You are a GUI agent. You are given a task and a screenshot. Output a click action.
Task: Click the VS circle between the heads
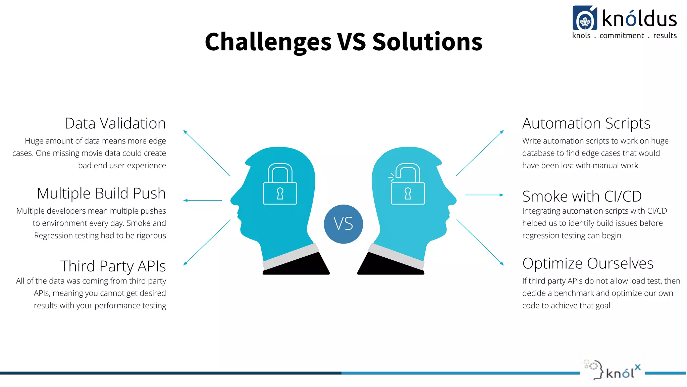tap(343, 224)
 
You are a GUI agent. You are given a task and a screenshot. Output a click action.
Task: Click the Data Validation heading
tap(115, 123)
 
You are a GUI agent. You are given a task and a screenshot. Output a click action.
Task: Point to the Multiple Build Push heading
tap(101, 193)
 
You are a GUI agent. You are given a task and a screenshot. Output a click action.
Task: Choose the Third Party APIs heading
tap(113, 266)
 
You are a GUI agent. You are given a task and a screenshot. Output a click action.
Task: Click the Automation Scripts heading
tap(586, 123)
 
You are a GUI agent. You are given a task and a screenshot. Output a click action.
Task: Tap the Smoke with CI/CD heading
tap(582, 196)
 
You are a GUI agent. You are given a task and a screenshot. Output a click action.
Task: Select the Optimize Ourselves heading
tap(588, 263)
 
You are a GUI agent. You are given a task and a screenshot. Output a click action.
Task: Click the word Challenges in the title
tap(268, 42)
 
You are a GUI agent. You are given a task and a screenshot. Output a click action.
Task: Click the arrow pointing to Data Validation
tap(206, 153)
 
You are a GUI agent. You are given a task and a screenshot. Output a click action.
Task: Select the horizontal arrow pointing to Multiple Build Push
tap(203, 200)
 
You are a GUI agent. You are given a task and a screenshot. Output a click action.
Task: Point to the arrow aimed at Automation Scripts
tap(480, 153)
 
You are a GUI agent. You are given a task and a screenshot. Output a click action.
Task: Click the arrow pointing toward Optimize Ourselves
tap(480, 242)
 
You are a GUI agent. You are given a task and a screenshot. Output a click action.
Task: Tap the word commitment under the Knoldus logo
tap(622, 36)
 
